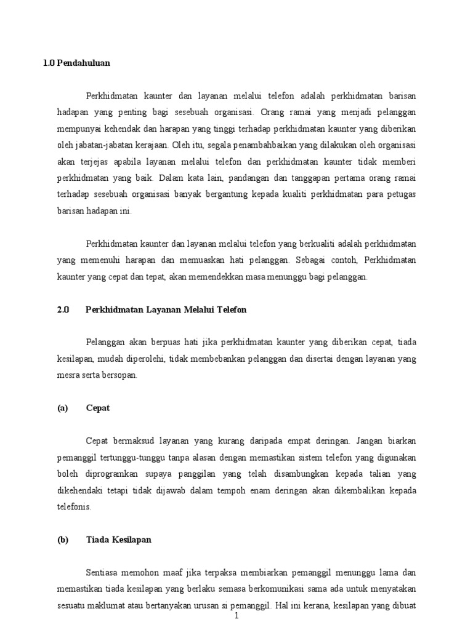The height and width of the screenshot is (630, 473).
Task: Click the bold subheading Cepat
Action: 98,408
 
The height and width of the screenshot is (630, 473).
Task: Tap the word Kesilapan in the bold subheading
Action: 129,540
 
